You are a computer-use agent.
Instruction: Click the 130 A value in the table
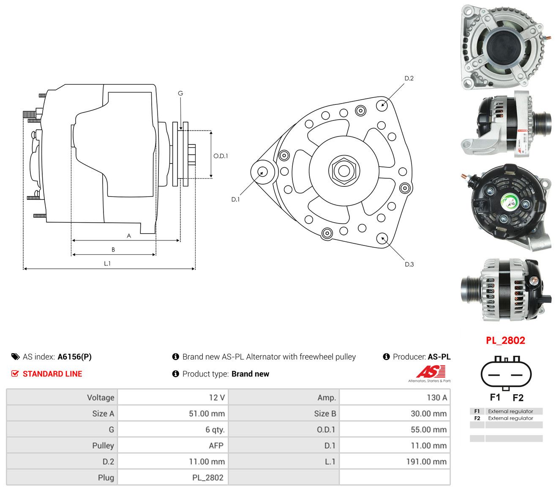(436, 398)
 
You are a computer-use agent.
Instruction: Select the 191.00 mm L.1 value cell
(426, 462)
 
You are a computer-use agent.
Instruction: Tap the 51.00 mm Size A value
(207, 414)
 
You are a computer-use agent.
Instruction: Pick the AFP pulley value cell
(216, 446)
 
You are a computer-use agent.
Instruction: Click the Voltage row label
(101, 398)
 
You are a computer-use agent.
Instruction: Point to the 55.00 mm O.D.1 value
(428, 430)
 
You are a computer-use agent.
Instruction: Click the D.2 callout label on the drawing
(409, 78)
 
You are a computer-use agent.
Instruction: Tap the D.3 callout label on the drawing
(409, 264)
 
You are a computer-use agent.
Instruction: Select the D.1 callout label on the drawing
(235, 199)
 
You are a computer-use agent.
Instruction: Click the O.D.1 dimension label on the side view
(221, 156)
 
